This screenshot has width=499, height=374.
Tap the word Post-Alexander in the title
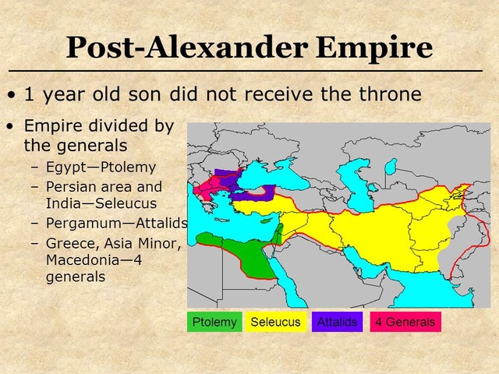(186, 48)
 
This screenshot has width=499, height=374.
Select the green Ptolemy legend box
(216, 322)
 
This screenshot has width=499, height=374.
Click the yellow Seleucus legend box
(275, 322)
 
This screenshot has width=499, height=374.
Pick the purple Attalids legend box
(337, 322)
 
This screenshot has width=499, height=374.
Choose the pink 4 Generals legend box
(405, 322)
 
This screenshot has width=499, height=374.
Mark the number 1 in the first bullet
(29, 94)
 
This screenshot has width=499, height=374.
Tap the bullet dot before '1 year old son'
(11, 95)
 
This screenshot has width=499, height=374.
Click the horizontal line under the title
(249, 71)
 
